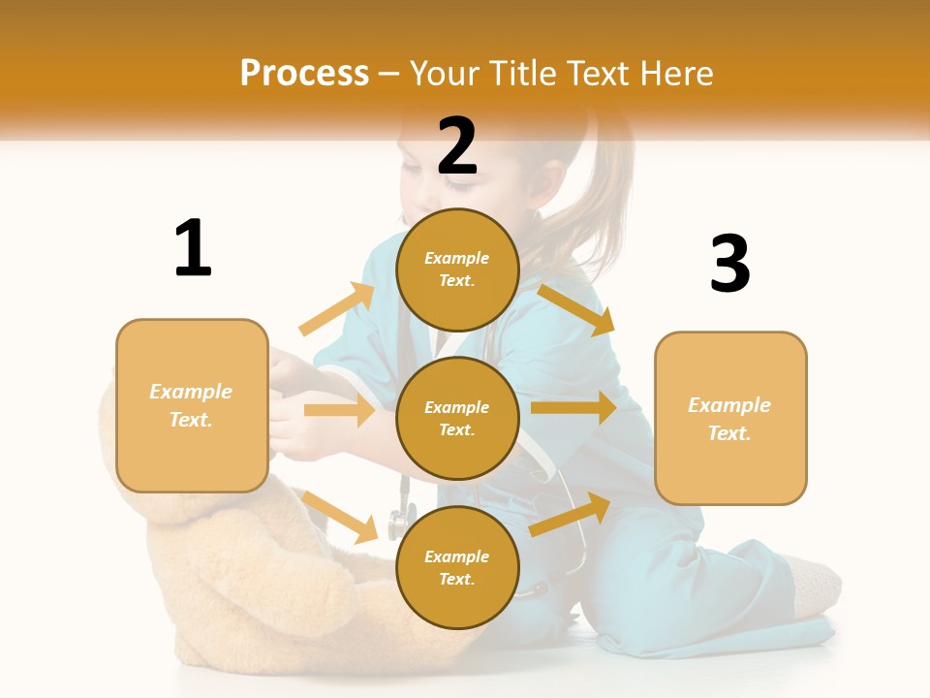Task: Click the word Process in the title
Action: coord(304,73)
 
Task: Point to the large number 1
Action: coord(193,249)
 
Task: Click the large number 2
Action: coord(457,146)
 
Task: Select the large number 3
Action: coord(729,264)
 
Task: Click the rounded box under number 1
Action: coord(192,405)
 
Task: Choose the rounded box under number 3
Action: coord(730,418)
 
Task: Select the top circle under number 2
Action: coord(457,270)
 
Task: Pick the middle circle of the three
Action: coord(457,418)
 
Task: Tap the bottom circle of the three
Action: coord(457,567)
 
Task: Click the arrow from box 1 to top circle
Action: coord(337,309)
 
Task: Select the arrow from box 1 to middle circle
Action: coord(339,410)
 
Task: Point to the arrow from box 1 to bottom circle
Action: coord(339,517)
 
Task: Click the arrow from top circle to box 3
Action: coord(575,309)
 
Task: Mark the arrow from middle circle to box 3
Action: coord(573,408)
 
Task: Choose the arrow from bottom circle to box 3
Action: coord(570,514)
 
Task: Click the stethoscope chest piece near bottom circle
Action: coord(397,524)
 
